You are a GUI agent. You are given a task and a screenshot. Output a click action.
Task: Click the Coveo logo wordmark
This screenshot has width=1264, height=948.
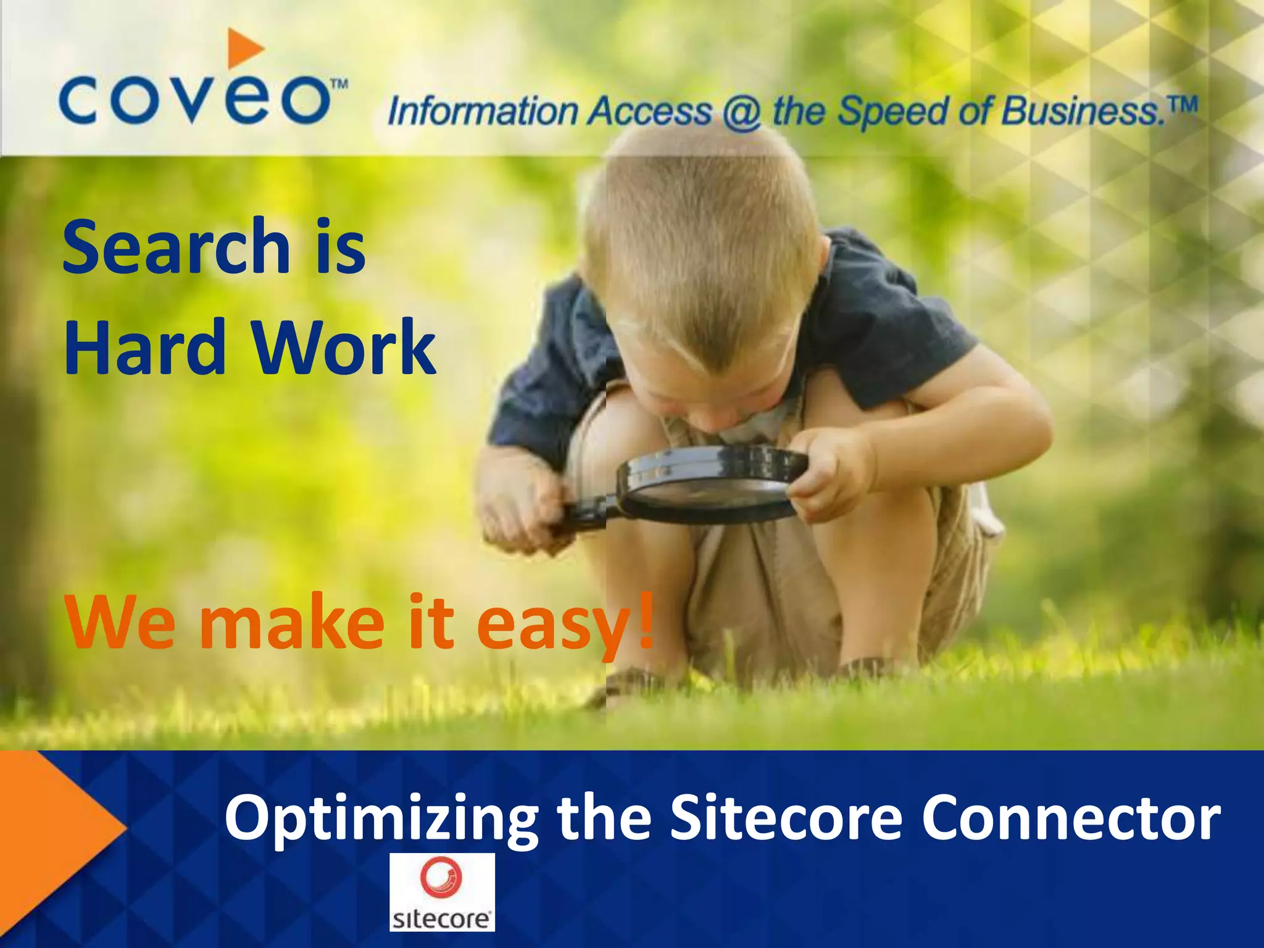(194, 101)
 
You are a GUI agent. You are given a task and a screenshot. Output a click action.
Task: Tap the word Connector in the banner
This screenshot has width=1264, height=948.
(1071, 817)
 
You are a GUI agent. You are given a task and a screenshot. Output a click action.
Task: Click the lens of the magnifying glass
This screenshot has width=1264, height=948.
(710, 488)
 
